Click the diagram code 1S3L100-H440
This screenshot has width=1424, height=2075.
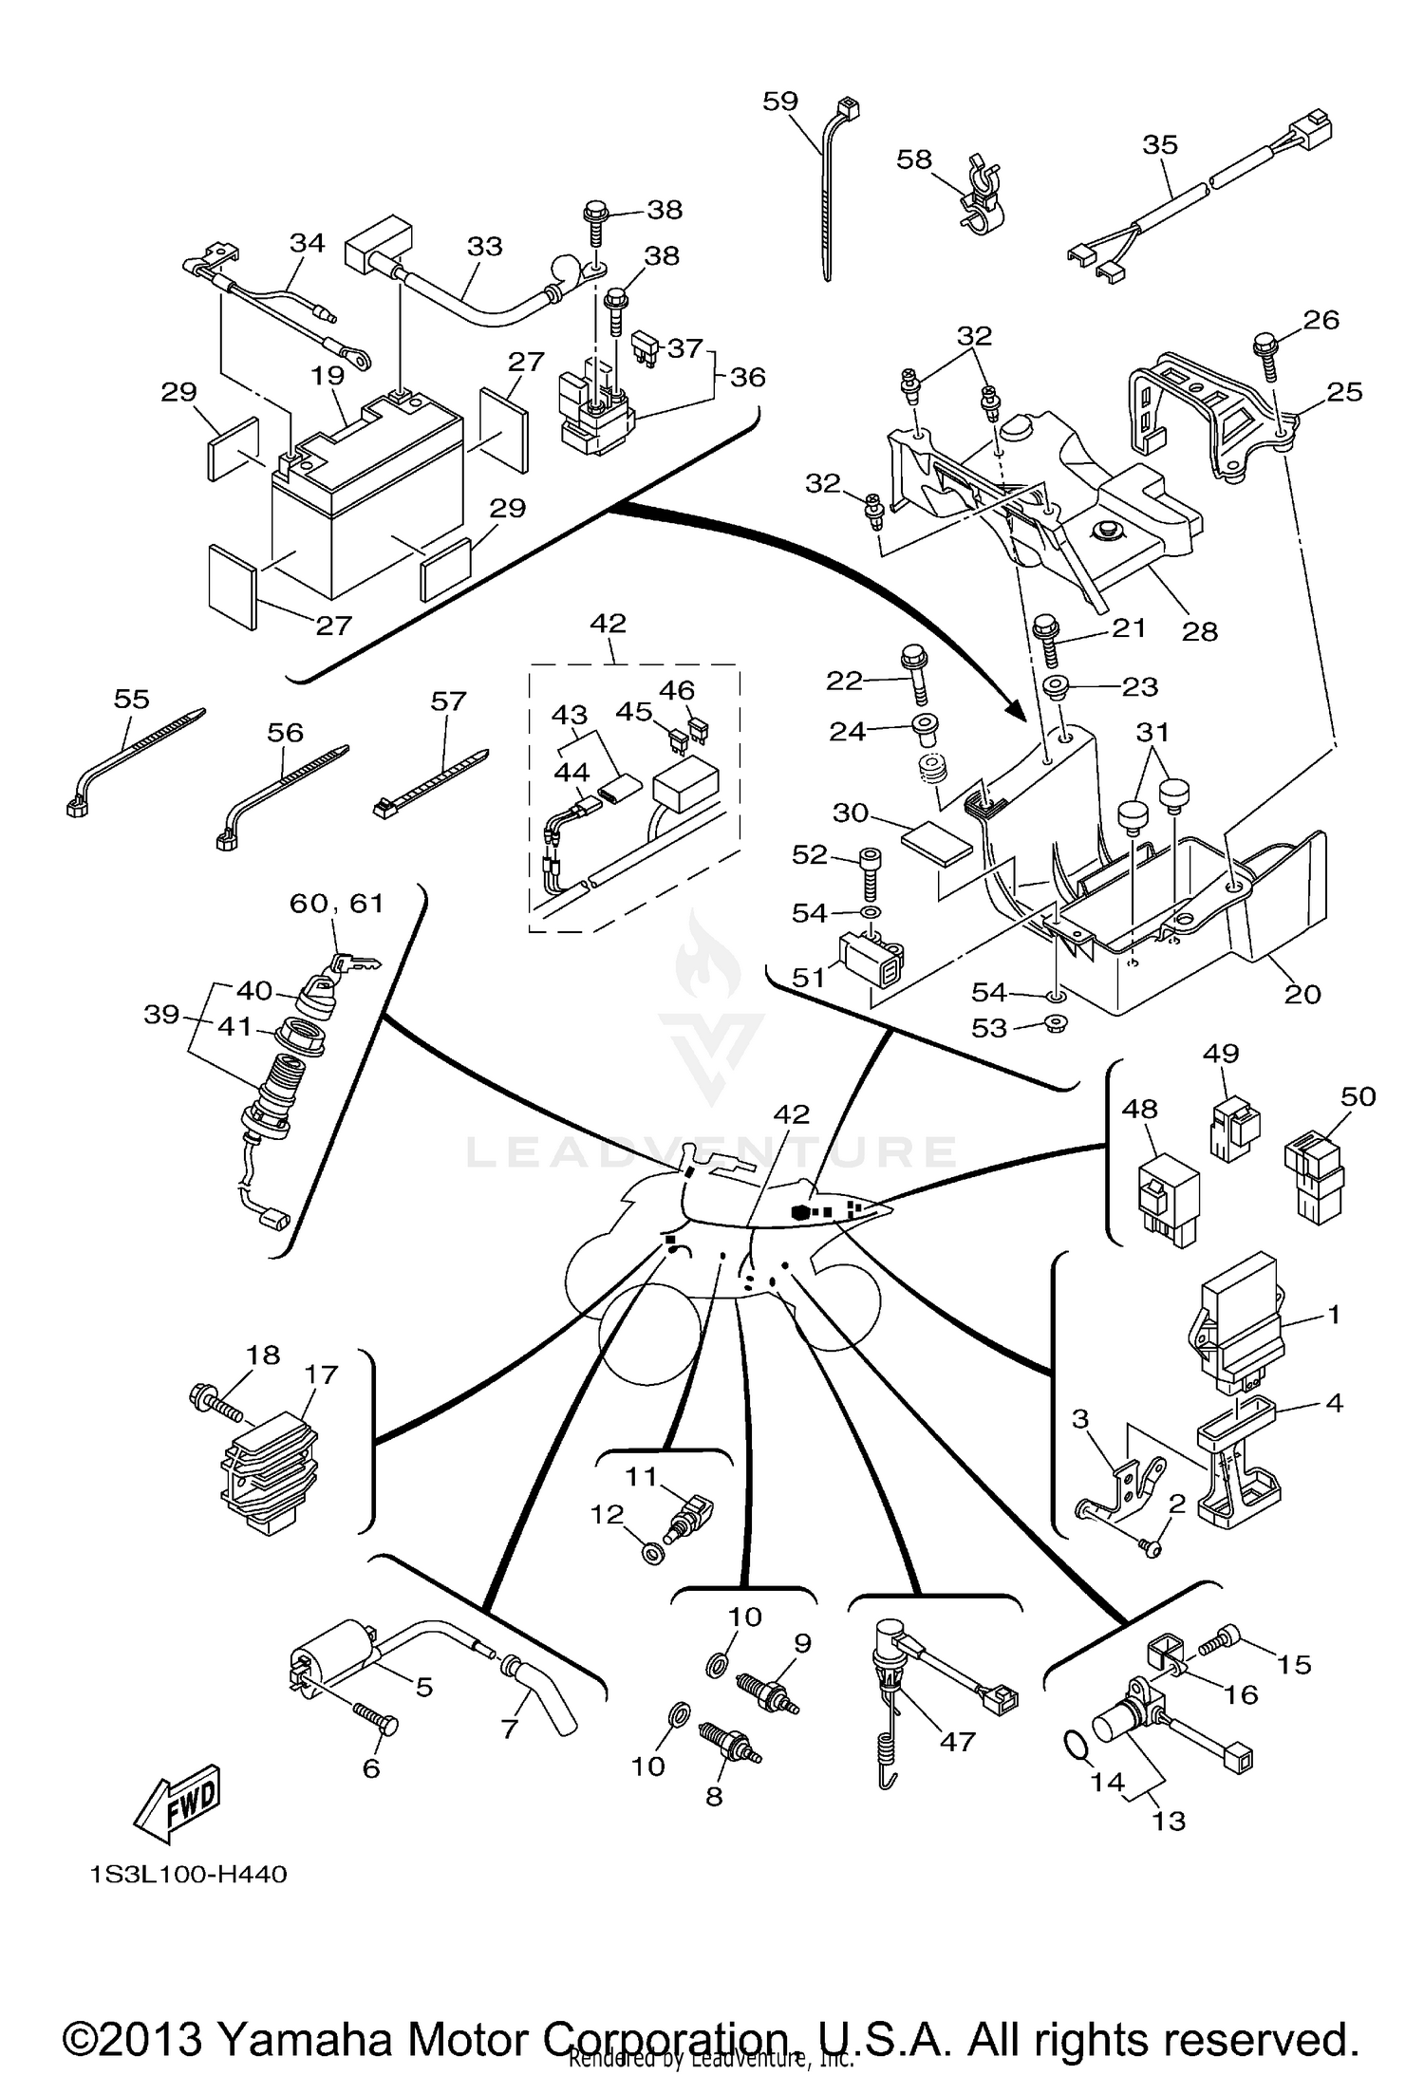pyautogui.click(x=188, y=1875)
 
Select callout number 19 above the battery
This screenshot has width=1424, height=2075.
pyautogui.click(x=328, y=375)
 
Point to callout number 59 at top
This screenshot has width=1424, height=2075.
pyautogui.click(x=780, y=102)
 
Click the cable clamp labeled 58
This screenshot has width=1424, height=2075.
pyautogui.click(x=981, y=196)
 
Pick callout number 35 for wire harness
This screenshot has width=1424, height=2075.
pyautogui.click(x=1160, y=144)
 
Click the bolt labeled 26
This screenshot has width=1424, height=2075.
pyautogui.click(x=1266, y=356)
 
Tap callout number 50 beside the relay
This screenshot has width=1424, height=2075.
pyautogui.click(x=1358, y=1096)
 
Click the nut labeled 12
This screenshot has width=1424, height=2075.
pyautogui.click(x=652, y=1553)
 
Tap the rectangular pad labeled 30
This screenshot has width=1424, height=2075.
pyautogui.click(x=937, y=842)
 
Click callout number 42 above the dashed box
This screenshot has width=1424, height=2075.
pyautogui.click(x=609, y=624)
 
